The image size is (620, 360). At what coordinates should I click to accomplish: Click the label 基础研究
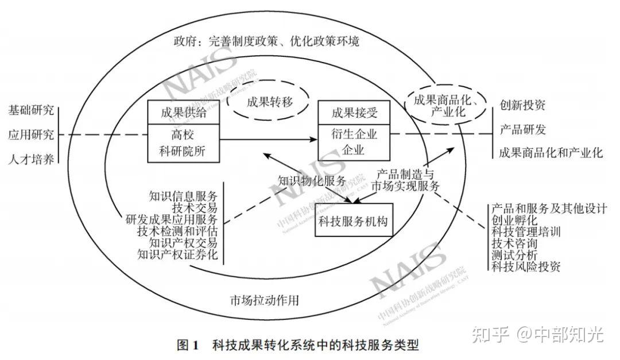(x=32, y=109)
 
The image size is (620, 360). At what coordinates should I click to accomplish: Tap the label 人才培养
(x=32, y=159)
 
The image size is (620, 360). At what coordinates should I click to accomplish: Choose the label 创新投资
(x=522, y=105)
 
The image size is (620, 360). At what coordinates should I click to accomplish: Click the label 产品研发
(x=522, y=129)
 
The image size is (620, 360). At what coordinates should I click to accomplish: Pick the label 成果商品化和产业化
(x=551, y=153)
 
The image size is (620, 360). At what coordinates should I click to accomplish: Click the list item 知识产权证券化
(x=177, y=254)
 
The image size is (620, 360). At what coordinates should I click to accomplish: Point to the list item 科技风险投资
(x=525, y=266)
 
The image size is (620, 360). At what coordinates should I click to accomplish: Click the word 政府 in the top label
(x=183, y=42)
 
